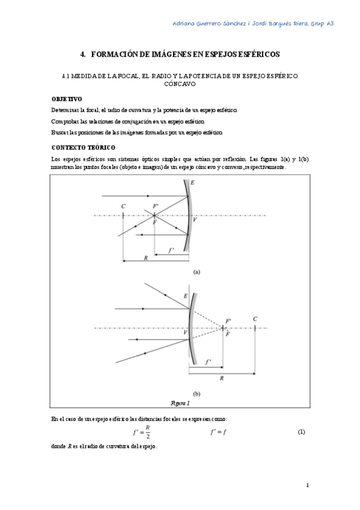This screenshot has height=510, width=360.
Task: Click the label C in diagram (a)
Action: [x=123, y=206]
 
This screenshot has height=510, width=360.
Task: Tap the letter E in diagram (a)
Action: [x=192, y=182]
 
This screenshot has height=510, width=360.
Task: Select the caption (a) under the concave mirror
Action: [x=197, y=271]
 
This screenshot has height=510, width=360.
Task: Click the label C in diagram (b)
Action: [x=255, y=319]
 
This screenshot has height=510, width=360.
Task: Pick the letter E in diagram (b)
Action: [x=185, y=296]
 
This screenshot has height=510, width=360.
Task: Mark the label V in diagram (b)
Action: [x=185, y=332]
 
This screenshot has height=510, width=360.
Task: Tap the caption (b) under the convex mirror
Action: [x=197, y=395]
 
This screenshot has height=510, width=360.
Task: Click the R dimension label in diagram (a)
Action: [x=145, y=257]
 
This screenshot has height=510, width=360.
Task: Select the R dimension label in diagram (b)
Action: [x=222, y=379]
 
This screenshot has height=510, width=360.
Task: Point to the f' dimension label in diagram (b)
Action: [x=208, y=362]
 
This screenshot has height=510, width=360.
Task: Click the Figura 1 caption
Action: [x=180, y=402]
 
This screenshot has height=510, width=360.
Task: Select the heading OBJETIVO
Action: [x=67, y=99]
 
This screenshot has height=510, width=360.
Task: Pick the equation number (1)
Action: [x=302, y=432]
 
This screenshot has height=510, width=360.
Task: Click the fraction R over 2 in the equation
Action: [x=147, y=432]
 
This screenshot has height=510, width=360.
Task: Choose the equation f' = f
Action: [x=218, y=432]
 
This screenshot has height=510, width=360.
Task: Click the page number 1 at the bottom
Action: [x=307, y=485]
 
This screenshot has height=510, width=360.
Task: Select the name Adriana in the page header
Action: [x=189, y=23]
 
